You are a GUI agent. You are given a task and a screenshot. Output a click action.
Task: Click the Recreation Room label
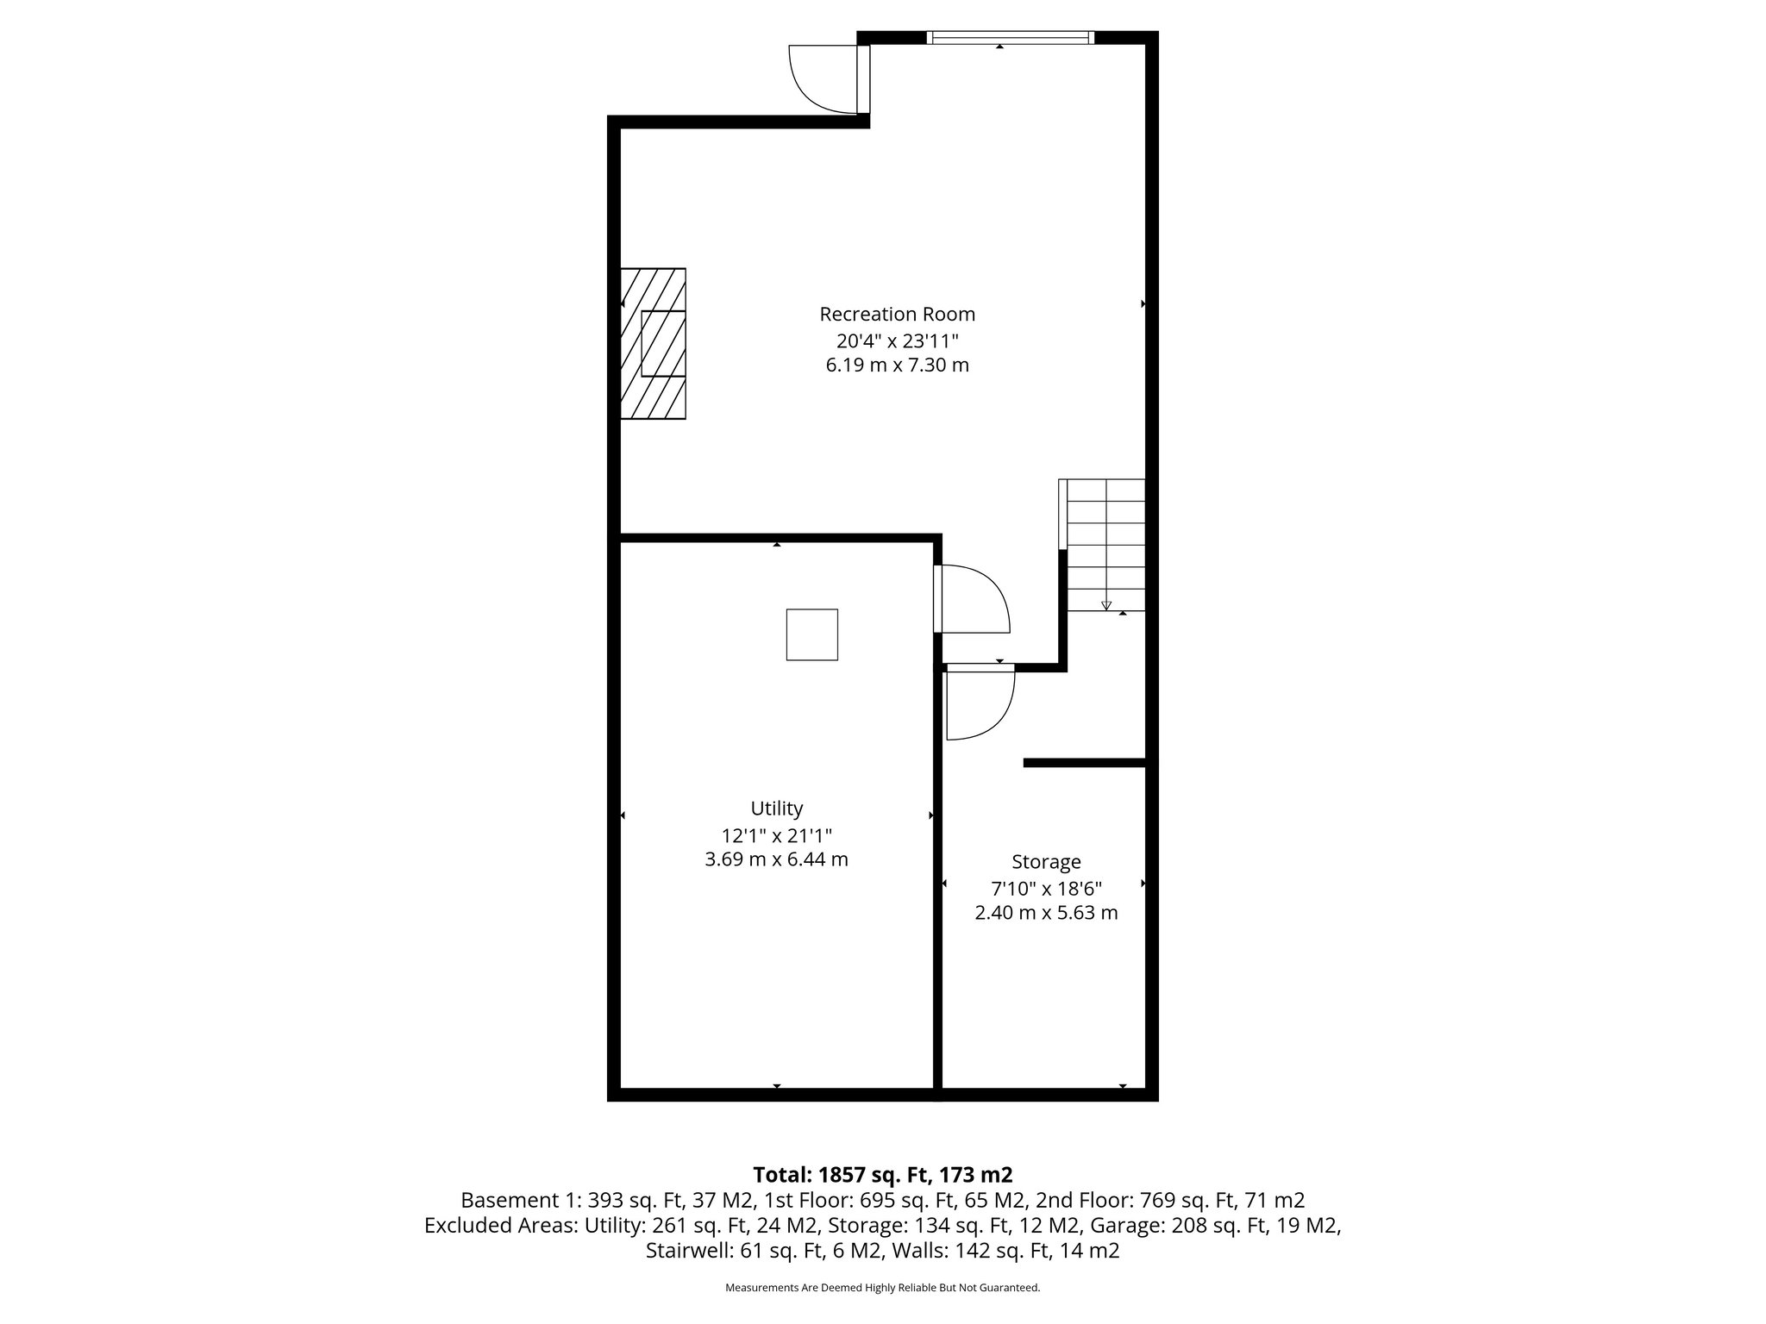pos(897,314)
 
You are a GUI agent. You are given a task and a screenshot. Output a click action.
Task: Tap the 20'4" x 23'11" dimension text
pos(897,340)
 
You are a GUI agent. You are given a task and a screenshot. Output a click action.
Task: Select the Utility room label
pos(776,809)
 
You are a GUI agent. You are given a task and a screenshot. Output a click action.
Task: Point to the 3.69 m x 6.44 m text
pos(776,859)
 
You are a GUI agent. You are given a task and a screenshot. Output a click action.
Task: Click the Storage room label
pos(1046,862)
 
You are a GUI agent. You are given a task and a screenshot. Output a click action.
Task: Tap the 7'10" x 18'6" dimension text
pos(1046,888)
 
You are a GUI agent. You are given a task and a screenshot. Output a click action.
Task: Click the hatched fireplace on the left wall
pos(654,344)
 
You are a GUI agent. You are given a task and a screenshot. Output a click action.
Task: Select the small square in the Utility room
pos(811,634)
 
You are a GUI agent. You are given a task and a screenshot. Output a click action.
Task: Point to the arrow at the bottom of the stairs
pos(1106,605)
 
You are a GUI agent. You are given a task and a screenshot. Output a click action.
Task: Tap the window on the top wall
pos(1010,38)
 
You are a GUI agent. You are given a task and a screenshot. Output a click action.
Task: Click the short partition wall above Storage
pos(1084,763)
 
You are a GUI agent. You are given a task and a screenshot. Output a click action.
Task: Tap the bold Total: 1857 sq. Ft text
pos(882,1175)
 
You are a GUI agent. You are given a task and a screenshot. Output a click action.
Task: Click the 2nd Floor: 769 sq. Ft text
pos(1169,1200)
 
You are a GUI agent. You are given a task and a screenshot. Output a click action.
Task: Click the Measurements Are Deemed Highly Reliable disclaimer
pos(882,1288)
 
